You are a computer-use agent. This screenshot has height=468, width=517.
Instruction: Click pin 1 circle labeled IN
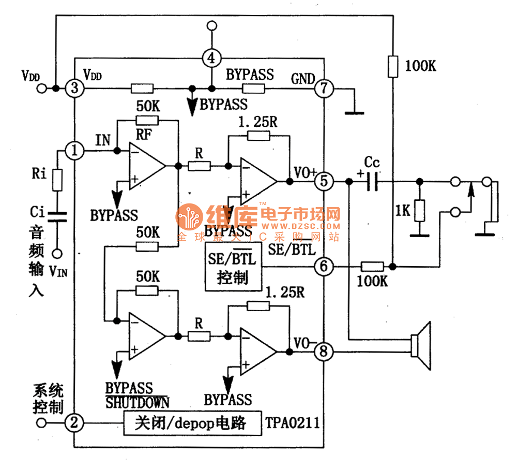coord(75,151)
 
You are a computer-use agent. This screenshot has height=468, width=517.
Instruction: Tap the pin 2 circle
coord(74,423)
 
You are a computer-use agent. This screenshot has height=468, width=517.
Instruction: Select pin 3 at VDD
coord(74,89)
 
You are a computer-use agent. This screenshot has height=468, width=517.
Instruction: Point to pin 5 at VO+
coord(324,182)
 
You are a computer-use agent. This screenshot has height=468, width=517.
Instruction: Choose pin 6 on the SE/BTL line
coord(324,267)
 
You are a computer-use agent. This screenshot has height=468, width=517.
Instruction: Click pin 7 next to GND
coord(324,89)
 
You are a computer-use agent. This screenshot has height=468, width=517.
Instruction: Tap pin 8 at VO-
coord(324,353)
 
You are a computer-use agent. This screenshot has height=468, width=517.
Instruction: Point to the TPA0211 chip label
coord(293,423)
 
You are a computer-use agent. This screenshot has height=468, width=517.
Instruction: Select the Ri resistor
coord(57,179)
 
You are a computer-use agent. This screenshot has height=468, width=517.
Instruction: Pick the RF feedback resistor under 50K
coord(146,121)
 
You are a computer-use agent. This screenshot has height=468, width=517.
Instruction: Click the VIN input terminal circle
coord(57,253)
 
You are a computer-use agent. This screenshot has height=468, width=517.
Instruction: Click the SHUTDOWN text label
coord(137,402)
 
